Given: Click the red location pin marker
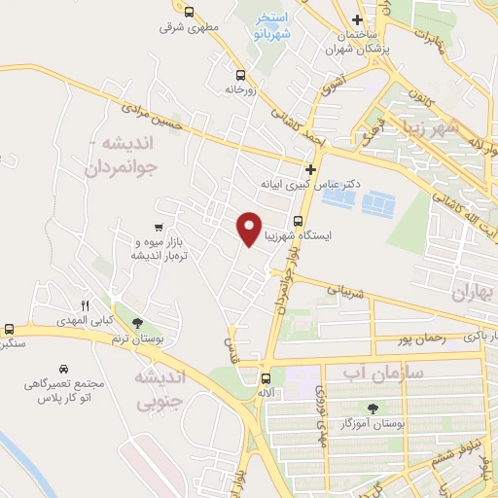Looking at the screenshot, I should click(x=250, y=228).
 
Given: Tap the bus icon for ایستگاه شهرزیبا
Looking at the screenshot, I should click(x=299, y=220).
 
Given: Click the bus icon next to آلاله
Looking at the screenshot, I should click(x=266, y=378).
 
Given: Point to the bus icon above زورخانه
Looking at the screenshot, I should click(x=240, y=73).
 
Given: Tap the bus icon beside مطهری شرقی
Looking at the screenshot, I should click(x=189, y=13).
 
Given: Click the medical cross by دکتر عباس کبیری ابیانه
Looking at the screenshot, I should click(x=309, y=168).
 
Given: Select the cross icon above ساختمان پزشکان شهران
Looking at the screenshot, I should click(x=359, y=19).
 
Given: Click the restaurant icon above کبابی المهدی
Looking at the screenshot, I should click(x=86, y=304).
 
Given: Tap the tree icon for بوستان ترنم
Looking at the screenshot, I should click(x=136, y=323).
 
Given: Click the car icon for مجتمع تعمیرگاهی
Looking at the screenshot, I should click(x=62, y=370).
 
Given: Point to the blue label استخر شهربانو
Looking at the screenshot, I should click(x=271, y=25).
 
